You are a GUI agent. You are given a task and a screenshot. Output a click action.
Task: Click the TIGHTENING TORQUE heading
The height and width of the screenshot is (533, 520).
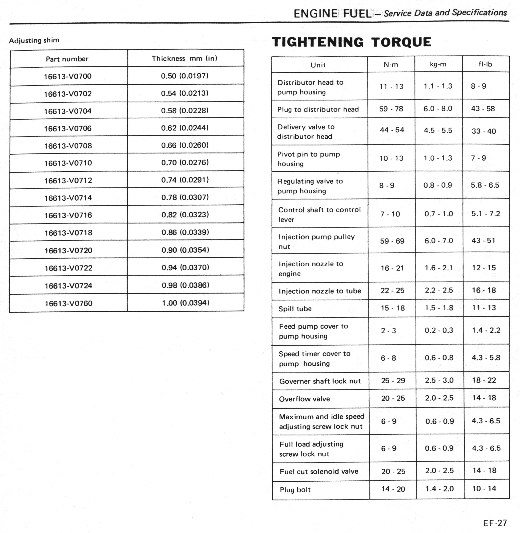tap(351, 42)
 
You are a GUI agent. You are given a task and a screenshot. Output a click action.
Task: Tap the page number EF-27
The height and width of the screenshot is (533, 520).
tap(495, 523)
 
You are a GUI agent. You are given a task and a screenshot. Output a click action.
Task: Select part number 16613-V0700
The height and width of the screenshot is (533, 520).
tap(68, 76)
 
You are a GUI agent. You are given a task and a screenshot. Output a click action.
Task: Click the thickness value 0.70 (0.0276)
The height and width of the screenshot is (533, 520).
tap(185, 162)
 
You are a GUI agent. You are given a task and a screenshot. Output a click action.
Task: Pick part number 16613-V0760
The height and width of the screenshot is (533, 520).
tap(69, 303)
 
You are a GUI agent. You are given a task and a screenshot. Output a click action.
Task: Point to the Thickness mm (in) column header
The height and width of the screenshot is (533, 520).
tap(185, 58)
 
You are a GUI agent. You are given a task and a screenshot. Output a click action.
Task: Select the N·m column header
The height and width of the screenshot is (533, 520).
tap(391, 65)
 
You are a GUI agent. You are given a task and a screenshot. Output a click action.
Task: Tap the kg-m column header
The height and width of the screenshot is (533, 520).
tap(438, 64)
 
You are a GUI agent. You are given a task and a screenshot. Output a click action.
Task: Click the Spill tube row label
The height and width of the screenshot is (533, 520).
tap(295, 309)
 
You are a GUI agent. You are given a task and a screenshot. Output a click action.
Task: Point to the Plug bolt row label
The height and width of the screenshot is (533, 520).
tap(295, 490)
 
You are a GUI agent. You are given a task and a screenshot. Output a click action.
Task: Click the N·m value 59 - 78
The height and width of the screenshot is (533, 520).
tap(391, 109)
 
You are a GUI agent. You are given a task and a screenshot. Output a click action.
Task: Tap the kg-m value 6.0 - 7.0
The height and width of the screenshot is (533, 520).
tap(439, 241)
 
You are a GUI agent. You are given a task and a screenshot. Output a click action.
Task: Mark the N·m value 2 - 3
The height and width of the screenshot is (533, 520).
tap(388, 331)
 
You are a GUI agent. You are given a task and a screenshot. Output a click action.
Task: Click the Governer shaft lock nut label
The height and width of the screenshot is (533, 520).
tap(320, 381)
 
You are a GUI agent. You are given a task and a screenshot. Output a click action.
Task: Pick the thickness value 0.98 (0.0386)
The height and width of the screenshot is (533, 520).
tap(185, 285)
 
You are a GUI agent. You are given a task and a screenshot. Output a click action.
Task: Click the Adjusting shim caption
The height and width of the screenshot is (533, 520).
tap(34, 41)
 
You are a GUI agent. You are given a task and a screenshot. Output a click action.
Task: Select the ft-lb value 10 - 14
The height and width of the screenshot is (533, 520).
tap(484, 488)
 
